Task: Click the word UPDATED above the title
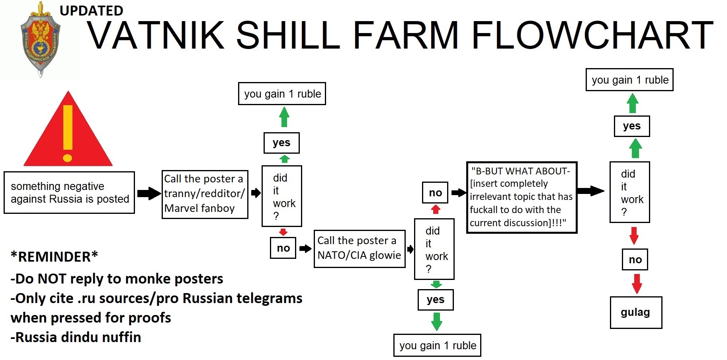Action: [x=91, y=11]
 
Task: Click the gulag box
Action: [x=636, y=313]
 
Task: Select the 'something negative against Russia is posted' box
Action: [x=69, y=193]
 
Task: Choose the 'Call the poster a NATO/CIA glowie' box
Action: [x=359, y=248]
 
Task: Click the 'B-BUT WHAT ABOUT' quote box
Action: [x=522, y=197]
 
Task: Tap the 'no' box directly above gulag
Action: [x=635, y=260]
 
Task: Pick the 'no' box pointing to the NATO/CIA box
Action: [x=283, y=248]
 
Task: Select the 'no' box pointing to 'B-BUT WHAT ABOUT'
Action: [x=435, y=193]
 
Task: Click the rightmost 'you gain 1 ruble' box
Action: [x=629, y=80]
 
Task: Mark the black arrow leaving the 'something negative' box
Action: [x=149, y=193]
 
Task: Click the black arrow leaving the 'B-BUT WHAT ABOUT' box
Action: [x=590, y=191]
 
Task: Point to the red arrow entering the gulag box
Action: [x=637, y=284]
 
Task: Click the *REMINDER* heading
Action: [x=55, y=257]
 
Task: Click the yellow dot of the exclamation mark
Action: [x=68, y=158]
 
